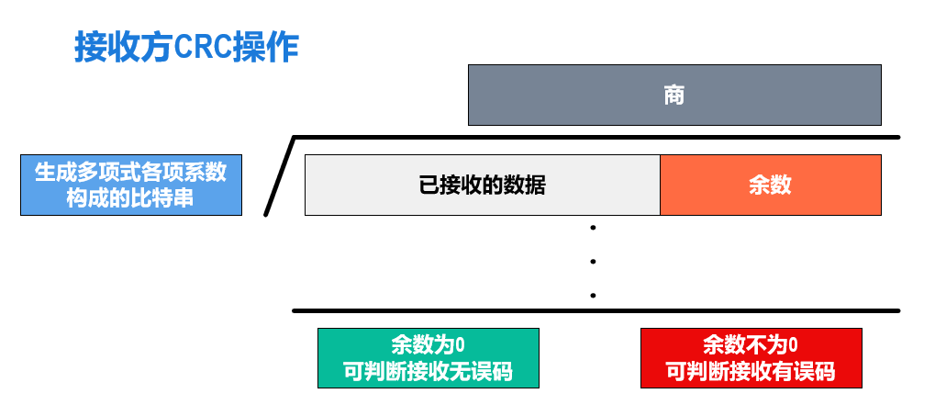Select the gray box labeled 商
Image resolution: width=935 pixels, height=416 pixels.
click(x=674, y=95)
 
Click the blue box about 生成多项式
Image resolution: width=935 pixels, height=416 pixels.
click(x=131, y=185)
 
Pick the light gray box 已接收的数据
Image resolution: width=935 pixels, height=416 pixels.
click(x=483, y=185)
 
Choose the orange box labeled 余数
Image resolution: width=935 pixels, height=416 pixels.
click(x=770, y=185)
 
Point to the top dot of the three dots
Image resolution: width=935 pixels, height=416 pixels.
click(x=594, y=228)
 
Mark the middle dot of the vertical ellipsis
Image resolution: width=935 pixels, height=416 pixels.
click(x=594, y=262)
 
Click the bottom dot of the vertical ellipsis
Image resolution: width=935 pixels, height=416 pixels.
click(x=594, y=296)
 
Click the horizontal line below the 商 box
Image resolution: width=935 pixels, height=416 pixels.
click(x=596, y=138)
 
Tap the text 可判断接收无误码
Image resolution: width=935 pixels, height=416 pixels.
click(x=428, y=372)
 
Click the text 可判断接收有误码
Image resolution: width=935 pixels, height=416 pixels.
click(x=751, y=372)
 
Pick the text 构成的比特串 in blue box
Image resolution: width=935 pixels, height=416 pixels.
click(x=130, y=197)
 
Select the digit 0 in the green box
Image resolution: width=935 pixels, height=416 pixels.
click(x=460, y=346)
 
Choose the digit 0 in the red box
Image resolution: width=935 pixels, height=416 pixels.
click(x=793, y=346)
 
